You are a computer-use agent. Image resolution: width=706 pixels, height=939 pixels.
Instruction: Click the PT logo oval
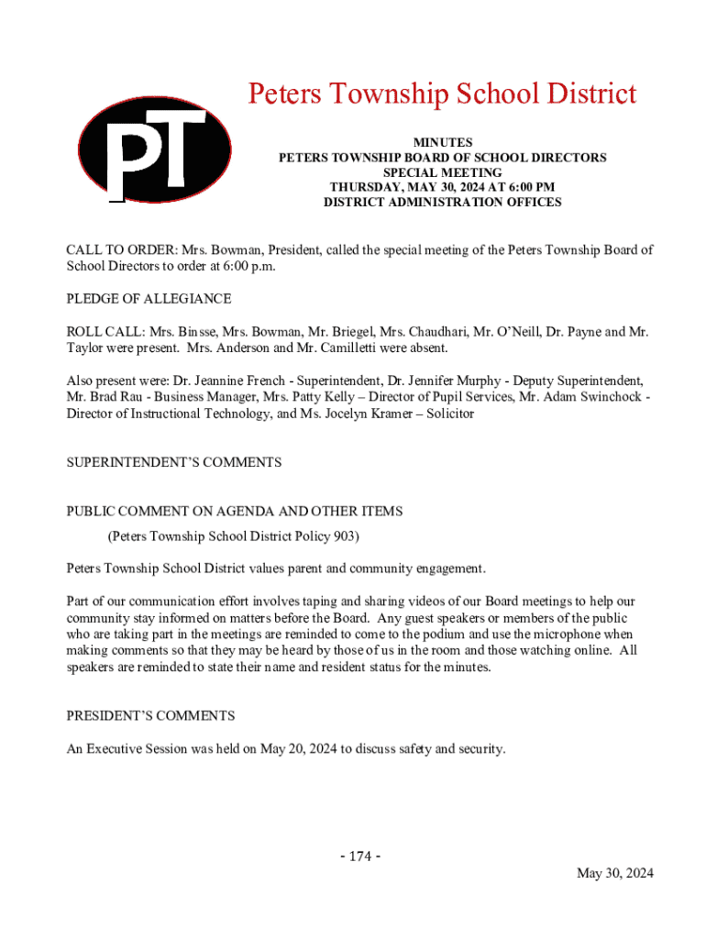tap(154, 150)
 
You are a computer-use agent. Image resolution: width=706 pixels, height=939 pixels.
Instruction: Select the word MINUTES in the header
tap(442, 143)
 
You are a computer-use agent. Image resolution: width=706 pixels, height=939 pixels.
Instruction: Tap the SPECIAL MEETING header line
tap(442, 172)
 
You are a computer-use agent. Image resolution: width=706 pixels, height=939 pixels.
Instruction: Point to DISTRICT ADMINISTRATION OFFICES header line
tap(442, 203)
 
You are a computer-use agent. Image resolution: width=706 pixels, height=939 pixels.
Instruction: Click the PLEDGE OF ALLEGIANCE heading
tap(149, 299)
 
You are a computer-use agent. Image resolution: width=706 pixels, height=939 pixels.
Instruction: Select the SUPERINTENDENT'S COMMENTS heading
tap(173, 463)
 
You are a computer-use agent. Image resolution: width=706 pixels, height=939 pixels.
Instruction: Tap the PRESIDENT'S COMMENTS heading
tap(150, 715)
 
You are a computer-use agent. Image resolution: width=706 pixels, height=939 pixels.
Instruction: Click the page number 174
tap(360, 856)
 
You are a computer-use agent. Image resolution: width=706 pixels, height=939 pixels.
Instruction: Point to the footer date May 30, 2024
tap(614, 874)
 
